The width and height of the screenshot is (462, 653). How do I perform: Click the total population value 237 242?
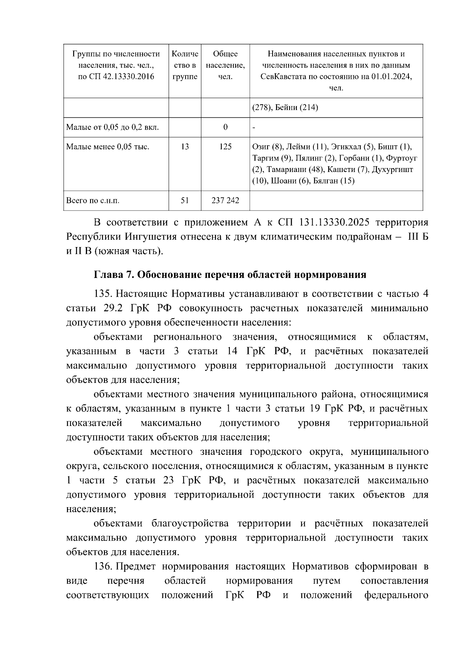click(x=225, y=200)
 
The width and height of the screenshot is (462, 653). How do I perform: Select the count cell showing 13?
click(x=185, y=147)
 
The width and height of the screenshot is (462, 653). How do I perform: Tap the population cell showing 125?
click(x=225, y=147)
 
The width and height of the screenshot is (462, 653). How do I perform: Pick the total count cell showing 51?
click(x=185, y=200)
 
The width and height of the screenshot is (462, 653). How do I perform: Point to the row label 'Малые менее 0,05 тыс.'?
click(x=108, y=147)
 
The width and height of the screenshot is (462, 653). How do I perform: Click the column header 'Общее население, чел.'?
click(x=225, y=65)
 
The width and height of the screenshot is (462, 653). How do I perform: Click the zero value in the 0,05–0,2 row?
click(x=225, y=127)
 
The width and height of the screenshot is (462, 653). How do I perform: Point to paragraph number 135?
click(x=103, y=294)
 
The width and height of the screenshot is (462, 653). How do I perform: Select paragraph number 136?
click(x=103, y=567)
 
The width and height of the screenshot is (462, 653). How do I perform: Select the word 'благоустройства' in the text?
click(x=190, y=524)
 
